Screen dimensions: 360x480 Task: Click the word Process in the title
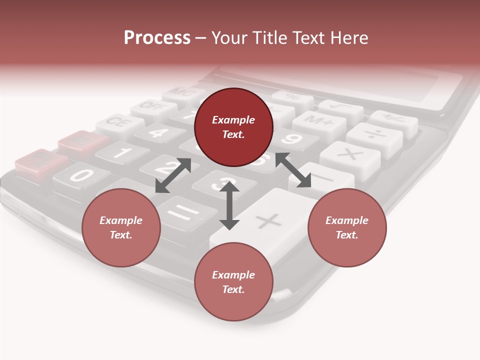(x=157, y=38)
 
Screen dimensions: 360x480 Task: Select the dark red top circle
(x=233, y=127)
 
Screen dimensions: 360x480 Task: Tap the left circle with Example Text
(x=121, y=227)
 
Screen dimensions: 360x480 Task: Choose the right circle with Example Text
(x=347, y=227)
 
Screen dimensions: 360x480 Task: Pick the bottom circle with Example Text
(x=233, y=282)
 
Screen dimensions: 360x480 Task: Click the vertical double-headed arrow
(x=229, y=205)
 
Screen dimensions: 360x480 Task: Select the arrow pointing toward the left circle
(x=173, y=175)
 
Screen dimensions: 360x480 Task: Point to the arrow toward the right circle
(x=293, y=170)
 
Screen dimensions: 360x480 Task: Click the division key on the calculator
(x=374, y=134)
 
